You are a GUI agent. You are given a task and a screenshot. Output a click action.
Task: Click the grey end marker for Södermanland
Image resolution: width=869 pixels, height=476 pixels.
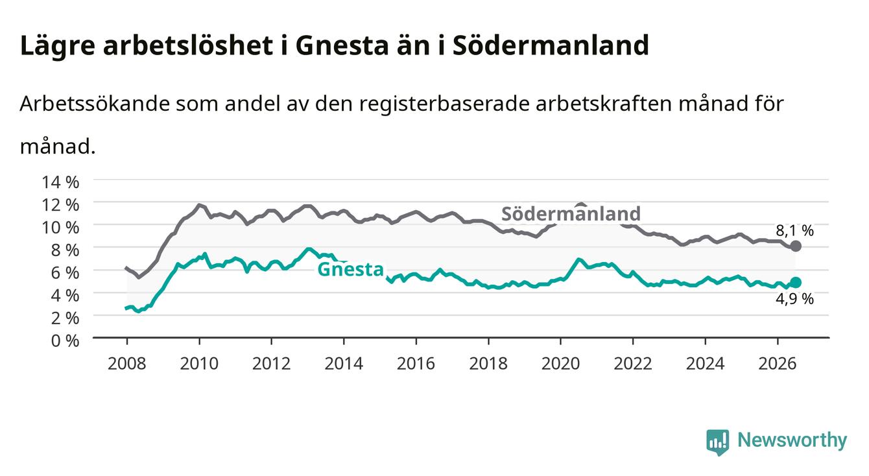coord(796,246)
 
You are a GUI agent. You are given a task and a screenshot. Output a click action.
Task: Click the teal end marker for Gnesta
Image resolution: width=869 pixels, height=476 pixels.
coord(796,282)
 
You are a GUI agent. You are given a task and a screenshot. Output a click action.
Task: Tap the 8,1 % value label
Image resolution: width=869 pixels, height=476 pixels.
coord(794,231)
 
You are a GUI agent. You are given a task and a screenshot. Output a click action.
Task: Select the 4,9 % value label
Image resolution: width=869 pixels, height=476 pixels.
coord(794,299)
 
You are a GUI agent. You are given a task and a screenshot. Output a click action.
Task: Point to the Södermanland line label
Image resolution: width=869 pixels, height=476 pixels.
coord(571,214)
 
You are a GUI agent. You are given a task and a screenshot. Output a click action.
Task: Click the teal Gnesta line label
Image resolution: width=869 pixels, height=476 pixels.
coord(350,269)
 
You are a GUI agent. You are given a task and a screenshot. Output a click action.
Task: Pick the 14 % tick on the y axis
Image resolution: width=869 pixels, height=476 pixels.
coord(60,182)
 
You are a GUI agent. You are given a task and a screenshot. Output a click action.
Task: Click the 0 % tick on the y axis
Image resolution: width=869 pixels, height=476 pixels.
coord(65,340)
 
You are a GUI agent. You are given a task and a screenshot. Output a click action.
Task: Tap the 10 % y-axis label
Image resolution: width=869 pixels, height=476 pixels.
coord(60,228)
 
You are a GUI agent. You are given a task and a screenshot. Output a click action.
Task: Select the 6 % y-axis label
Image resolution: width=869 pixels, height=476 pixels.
coord(65,273)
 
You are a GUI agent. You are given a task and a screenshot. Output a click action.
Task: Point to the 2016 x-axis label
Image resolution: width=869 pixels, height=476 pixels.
coord(416,364)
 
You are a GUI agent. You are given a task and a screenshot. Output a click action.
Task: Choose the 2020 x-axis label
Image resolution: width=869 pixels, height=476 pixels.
coord(560,364)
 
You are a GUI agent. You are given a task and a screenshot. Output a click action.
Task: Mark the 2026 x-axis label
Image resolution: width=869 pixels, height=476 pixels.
coord(778,364)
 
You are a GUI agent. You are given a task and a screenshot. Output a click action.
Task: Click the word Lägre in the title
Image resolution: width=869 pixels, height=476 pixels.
coord(58,46)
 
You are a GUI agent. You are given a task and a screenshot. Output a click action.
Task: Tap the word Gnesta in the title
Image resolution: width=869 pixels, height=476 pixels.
coord(342,45)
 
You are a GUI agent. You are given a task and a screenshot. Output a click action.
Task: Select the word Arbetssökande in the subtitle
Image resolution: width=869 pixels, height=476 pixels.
coord(95,104)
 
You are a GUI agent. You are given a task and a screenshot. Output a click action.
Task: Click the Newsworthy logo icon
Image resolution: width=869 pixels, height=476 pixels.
coord(718,442)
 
